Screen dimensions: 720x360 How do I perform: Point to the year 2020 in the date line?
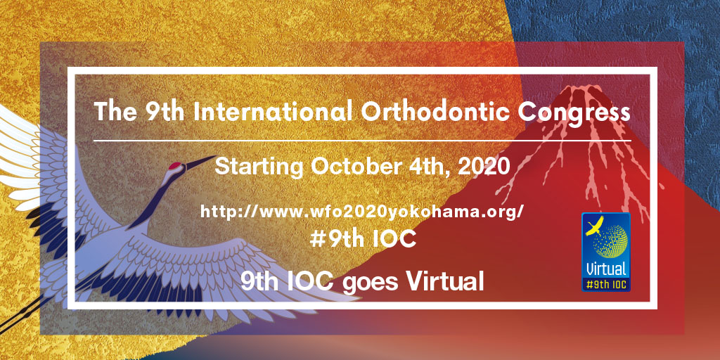(484, 167)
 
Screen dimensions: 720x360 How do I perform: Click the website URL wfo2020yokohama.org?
(362, 212)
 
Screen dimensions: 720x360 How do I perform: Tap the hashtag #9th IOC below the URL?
(363, 239)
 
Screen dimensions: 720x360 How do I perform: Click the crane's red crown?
(175, 165)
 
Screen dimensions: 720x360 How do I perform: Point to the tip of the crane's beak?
(215, 157)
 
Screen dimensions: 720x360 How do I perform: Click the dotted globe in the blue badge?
(610, 242)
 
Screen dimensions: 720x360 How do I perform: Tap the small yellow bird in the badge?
(594, 226)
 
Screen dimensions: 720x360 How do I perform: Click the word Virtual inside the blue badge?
(606, 269)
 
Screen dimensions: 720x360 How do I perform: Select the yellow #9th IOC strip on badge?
(606, 284)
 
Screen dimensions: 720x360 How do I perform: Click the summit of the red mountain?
(579, 87)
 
